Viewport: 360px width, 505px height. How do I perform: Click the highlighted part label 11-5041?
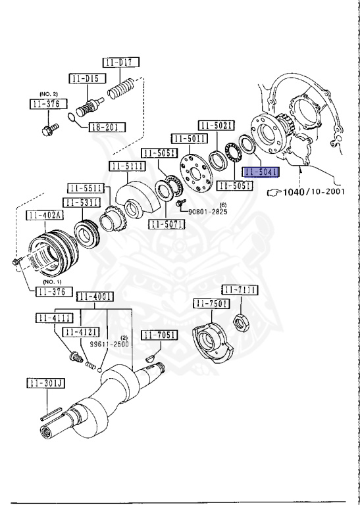pos(262,172)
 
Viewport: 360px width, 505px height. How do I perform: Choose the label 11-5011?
pos(189,139)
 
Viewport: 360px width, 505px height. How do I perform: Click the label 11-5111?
pos(128,166)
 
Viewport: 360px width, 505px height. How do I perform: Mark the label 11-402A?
pos(45,216)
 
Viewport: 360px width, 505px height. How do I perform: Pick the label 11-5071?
pos(167,224)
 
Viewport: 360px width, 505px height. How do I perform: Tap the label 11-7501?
pos(211,303)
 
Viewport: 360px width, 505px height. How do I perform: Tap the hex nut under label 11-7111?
pos(242,322)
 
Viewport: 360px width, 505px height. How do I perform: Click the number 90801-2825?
pos(207,212)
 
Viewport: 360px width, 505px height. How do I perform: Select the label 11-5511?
pos(88,188)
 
